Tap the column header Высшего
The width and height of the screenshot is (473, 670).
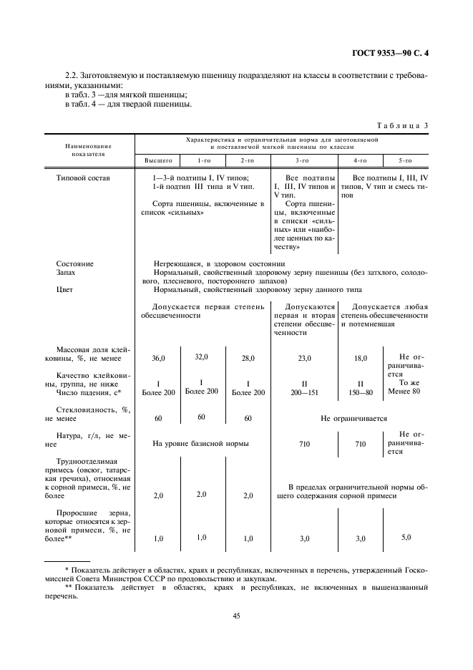point(158,161)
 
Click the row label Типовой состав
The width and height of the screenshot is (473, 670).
point(83,178)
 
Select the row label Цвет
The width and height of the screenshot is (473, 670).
point(66,290)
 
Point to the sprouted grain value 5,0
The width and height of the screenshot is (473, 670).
point(406,537)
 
